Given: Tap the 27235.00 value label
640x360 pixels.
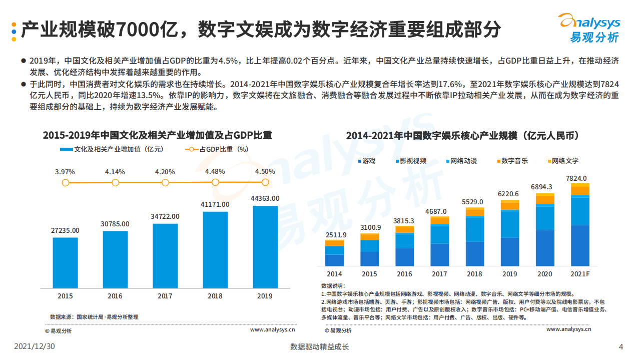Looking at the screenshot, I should click(65, 230).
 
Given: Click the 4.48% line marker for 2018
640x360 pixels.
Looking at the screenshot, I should click(215, 183).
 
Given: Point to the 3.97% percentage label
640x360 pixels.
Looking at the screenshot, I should click(65, 172).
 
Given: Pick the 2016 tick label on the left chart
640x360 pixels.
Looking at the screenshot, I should click(115, 296).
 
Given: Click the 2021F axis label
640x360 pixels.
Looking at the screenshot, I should click(579, 274).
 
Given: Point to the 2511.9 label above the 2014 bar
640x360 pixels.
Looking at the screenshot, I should click(334, 235).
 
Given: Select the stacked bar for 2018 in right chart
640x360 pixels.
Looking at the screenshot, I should click(474, 237).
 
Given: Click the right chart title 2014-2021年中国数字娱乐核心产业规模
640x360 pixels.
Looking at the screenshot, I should click(462, 136).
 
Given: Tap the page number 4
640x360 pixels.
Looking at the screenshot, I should click(621, 346).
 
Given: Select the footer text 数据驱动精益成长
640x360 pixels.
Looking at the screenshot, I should click(319, 346).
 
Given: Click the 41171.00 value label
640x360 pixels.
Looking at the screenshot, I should click(215, 204).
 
